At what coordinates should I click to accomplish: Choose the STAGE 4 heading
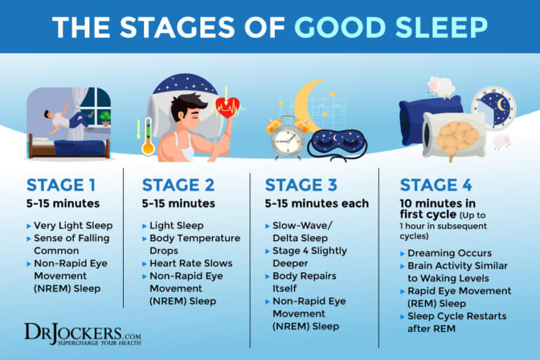point(437,186)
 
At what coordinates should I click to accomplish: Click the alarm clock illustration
point(288,138)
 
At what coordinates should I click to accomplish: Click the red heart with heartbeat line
point(227,108)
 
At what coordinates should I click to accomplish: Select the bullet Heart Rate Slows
point(191,263)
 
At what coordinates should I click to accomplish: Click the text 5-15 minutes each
point(316,204)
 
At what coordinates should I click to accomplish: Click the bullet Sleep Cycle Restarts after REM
point(457,323)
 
